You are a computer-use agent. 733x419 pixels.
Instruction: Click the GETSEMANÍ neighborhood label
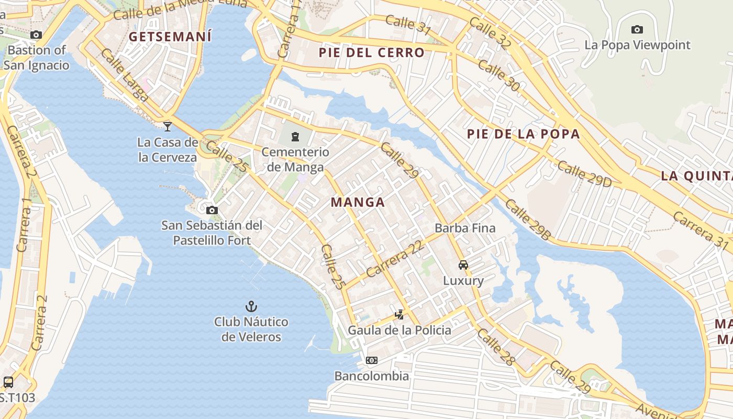pyautogui.click(x=170, y=37)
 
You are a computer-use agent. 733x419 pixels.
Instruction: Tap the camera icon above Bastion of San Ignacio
pyautogui.click(x=36, y=35)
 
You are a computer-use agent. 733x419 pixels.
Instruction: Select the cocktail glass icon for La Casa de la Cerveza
pyautogui.click(x=168, y=126)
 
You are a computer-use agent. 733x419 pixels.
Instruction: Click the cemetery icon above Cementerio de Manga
pyautogui.click(x=295, y=137)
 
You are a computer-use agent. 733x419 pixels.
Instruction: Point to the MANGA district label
pyautogui.click(x=358, y=202)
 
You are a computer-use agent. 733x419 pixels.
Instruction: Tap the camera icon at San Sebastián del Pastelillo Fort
pyautogui.click(x=212, y=211)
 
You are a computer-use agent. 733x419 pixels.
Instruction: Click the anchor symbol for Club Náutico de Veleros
pyautogui.click(x=251, y=306)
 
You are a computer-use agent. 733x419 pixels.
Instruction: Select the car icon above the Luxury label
pyautogui.click(x=463, y=265)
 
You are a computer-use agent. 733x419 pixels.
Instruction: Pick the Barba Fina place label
pyautogui.click(x=465, y=228)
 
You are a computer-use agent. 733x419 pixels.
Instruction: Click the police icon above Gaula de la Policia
pyautogui.click(x=399, y=315)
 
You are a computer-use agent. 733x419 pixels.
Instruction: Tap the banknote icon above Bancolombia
pyautogui.click(x=372, y=360)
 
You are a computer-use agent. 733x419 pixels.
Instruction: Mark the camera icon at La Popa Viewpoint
pyautogui.click(x=637, y=29)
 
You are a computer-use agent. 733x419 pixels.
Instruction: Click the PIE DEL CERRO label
pyautogui.click(x=372, y=52)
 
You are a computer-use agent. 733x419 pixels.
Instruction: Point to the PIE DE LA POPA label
pyautogui.click(x=524, y=134)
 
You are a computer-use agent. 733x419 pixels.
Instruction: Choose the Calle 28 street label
pyautogui.click(x=496, y=347)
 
